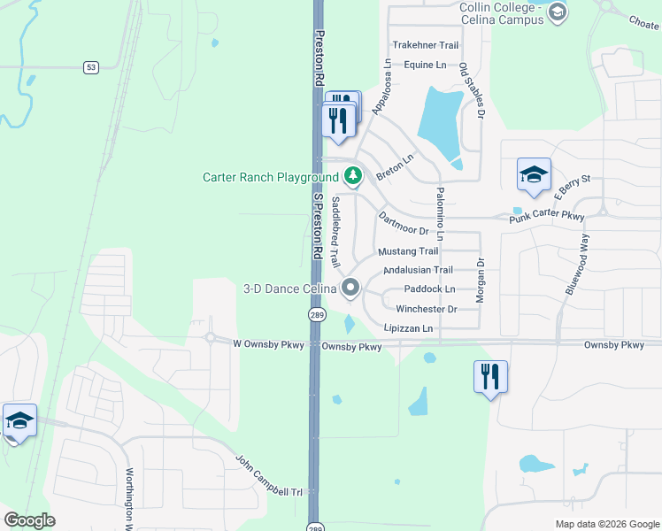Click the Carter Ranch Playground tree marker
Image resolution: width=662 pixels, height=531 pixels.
[353, 176]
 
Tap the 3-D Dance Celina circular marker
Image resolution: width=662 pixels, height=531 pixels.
[350, 288]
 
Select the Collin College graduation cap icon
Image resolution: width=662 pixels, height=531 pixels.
[557, 12]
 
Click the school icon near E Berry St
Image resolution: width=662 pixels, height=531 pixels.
[534, 175]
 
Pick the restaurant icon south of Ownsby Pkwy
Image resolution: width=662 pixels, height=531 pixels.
[489, 376]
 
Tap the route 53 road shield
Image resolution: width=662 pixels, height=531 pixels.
[90, 67]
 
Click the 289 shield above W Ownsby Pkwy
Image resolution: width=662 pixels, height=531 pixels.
[316, 315]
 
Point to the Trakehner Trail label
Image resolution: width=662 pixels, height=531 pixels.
[425, 45]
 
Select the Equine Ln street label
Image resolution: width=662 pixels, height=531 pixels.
[425, 65]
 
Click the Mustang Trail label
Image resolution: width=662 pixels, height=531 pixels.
[408, 251]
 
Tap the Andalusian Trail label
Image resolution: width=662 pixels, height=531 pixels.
[418, 270]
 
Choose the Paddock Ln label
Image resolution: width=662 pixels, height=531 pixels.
[428, 289]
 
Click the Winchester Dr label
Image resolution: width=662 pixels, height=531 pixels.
[426, 309]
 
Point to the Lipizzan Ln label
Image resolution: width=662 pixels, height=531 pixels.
[408, 328]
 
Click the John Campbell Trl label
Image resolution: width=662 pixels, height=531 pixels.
[270, 475]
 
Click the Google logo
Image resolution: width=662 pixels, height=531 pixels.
[29, 520]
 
